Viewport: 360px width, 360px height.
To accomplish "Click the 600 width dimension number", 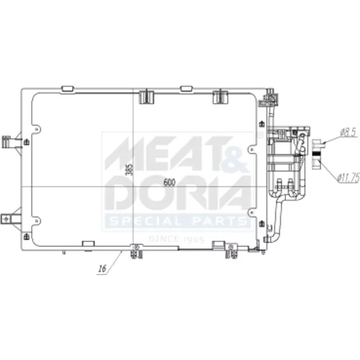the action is coord(169,183).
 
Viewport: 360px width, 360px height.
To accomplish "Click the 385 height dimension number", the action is coord(130,170).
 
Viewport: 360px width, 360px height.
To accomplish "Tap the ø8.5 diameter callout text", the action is coord(349,133).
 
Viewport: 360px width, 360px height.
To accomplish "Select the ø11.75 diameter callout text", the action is coord(348,178).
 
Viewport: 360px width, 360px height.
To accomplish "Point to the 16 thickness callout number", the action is coord(102,269).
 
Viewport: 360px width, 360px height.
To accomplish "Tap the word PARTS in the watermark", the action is coord(220,221).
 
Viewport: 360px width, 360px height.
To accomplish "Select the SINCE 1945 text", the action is coord(176,239).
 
